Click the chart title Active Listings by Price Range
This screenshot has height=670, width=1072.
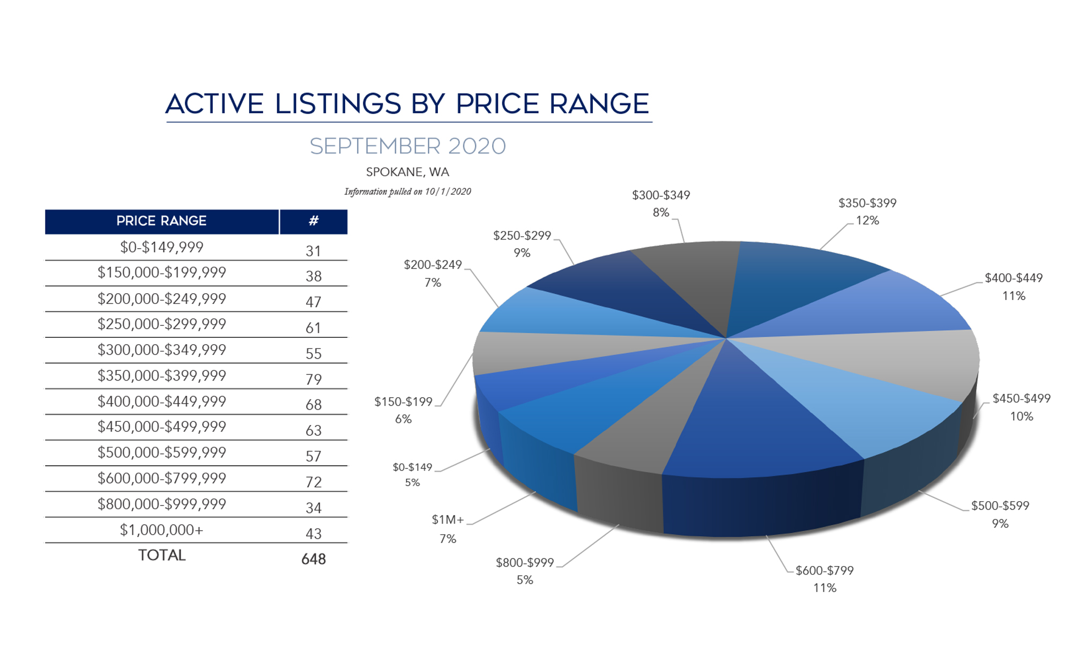(407, 103)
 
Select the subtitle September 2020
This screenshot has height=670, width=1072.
(407, 146)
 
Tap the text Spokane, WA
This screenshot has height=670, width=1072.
(407, 172)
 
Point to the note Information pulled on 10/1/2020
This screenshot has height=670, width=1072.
(407, 191)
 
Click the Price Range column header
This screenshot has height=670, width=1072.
(161, 221)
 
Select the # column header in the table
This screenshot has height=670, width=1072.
(314, 221)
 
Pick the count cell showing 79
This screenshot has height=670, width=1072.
(314, 379)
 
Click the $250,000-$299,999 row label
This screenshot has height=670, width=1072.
(161, 324)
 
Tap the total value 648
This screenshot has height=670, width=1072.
(314, 559)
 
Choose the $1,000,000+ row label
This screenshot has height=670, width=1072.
(161, 530)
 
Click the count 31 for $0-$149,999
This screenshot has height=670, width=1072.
(314, 251)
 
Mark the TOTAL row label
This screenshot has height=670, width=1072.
(161, 555)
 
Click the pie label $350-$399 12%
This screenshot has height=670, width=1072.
(867, 212)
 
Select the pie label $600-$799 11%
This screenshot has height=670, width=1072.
(824, 579)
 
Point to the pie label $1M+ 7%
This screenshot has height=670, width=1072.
(448, 528)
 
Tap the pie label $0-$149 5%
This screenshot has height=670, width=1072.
(412, 474)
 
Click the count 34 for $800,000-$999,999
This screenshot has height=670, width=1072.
(314, 508)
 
